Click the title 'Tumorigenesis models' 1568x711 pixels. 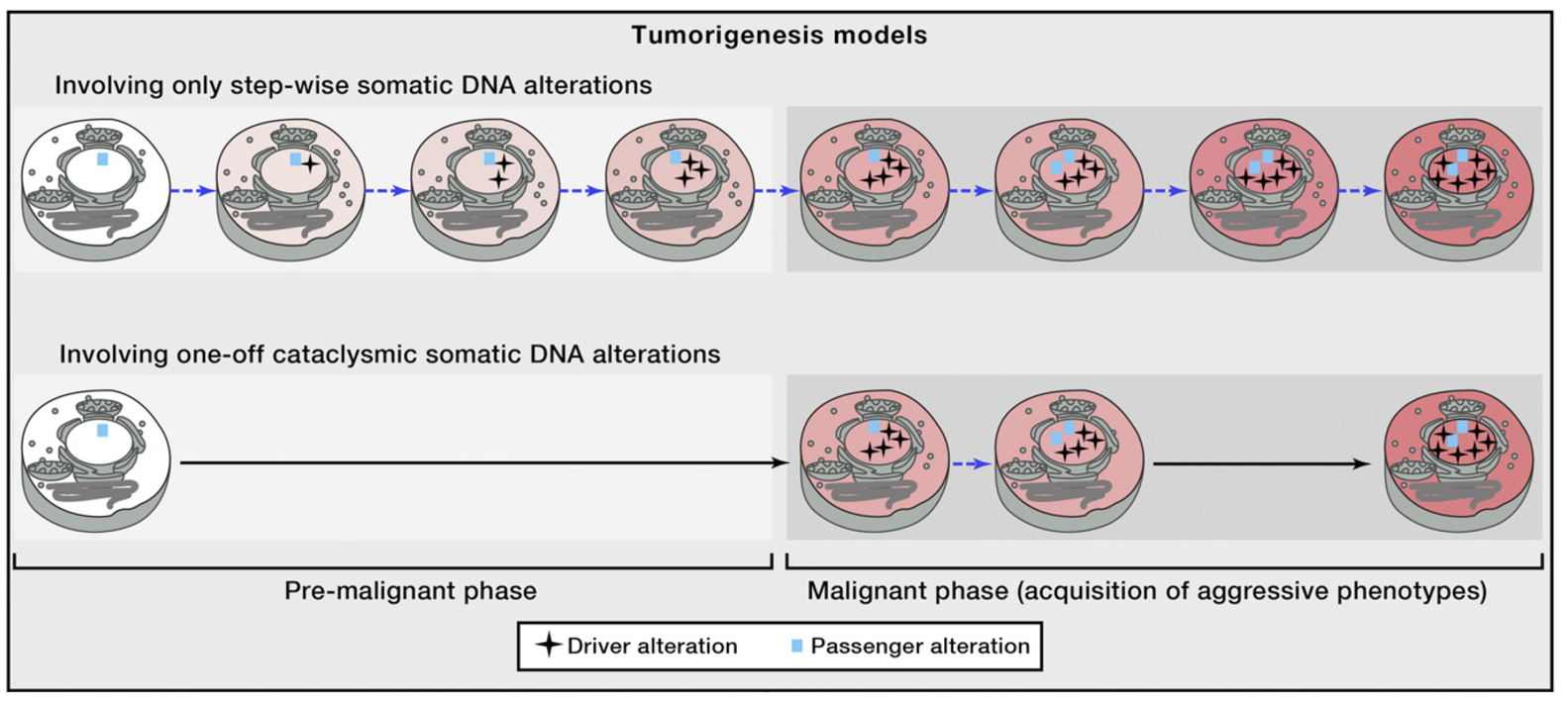tap(780, 36)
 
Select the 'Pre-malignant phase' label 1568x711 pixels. tap(410, 591)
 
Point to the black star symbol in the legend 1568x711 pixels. tap(549, 646)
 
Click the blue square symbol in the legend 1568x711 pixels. tap(796, 646)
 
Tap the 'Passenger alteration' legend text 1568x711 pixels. tap(920, 646)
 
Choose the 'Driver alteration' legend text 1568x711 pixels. tap(652, 646)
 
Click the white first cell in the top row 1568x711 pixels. tap(96, 189)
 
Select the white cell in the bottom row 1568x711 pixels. tap(96, 461)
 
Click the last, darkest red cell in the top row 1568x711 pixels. tap(1459, 189)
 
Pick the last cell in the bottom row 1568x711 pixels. tap(1459, 461)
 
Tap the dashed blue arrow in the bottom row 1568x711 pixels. tap(972, 463)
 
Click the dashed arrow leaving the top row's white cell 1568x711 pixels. tap(192, 191)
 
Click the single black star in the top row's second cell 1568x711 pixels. tap(310, 164)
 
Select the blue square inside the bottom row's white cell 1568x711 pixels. tap(102, 431)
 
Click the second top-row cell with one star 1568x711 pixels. tap(290, 189)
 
